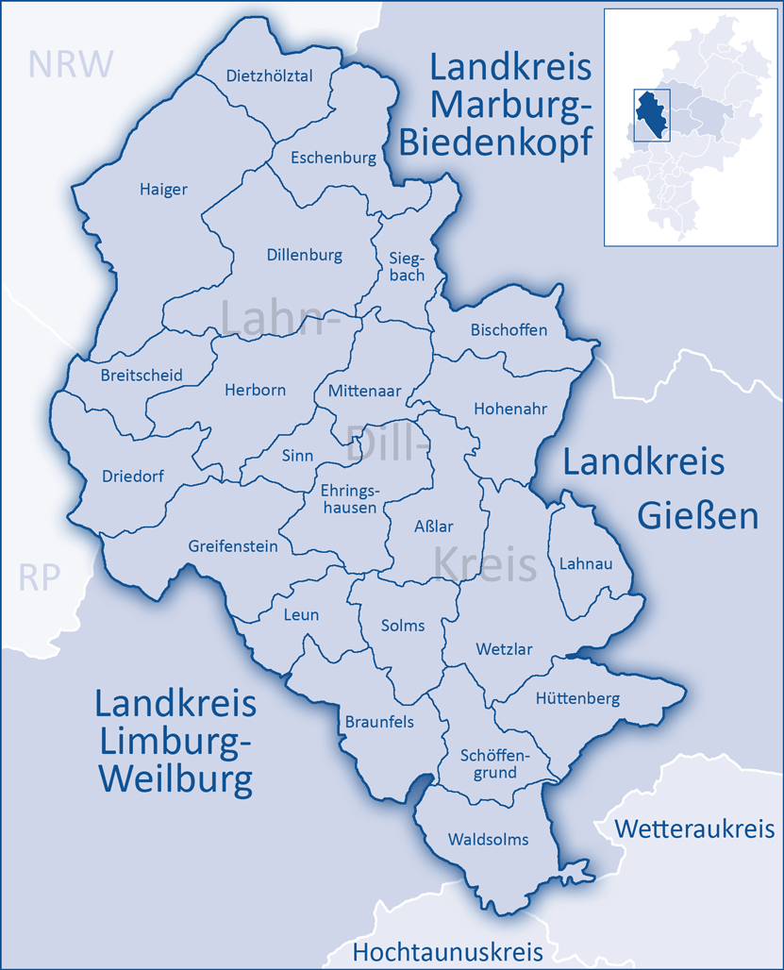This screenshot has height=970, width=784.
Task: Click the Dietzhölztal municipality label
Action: click(269, 76)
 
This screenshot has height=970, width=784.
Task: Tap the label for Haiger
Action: click(163, 189)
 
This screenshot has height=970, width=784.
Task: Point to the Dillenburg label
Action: click(304, 255)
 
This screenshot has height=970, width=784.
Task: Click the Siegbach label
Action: click(407, 266)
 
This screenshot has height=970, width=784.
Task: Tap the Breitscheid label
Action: click(142, 375)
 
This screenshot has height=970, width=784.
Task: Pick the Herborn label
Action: click(255, 390)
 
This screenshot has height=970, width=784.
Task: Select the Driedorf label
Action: click(132, 476)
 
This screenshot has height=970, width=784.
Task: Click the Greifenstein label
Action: click(233, 545)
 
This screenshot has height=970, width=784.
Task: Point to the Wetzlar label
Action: click(504, 649)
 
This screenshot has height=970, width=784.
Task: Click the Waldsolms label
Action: click(488, 839)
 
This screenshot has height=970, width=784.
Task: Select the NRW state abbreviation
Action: click(71, 63)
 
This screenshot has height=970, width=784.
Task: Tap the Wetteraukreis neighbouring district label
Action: click(694, 828)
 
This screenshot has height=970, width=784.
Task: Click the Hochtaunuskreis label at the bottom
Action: click(448, 951)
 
